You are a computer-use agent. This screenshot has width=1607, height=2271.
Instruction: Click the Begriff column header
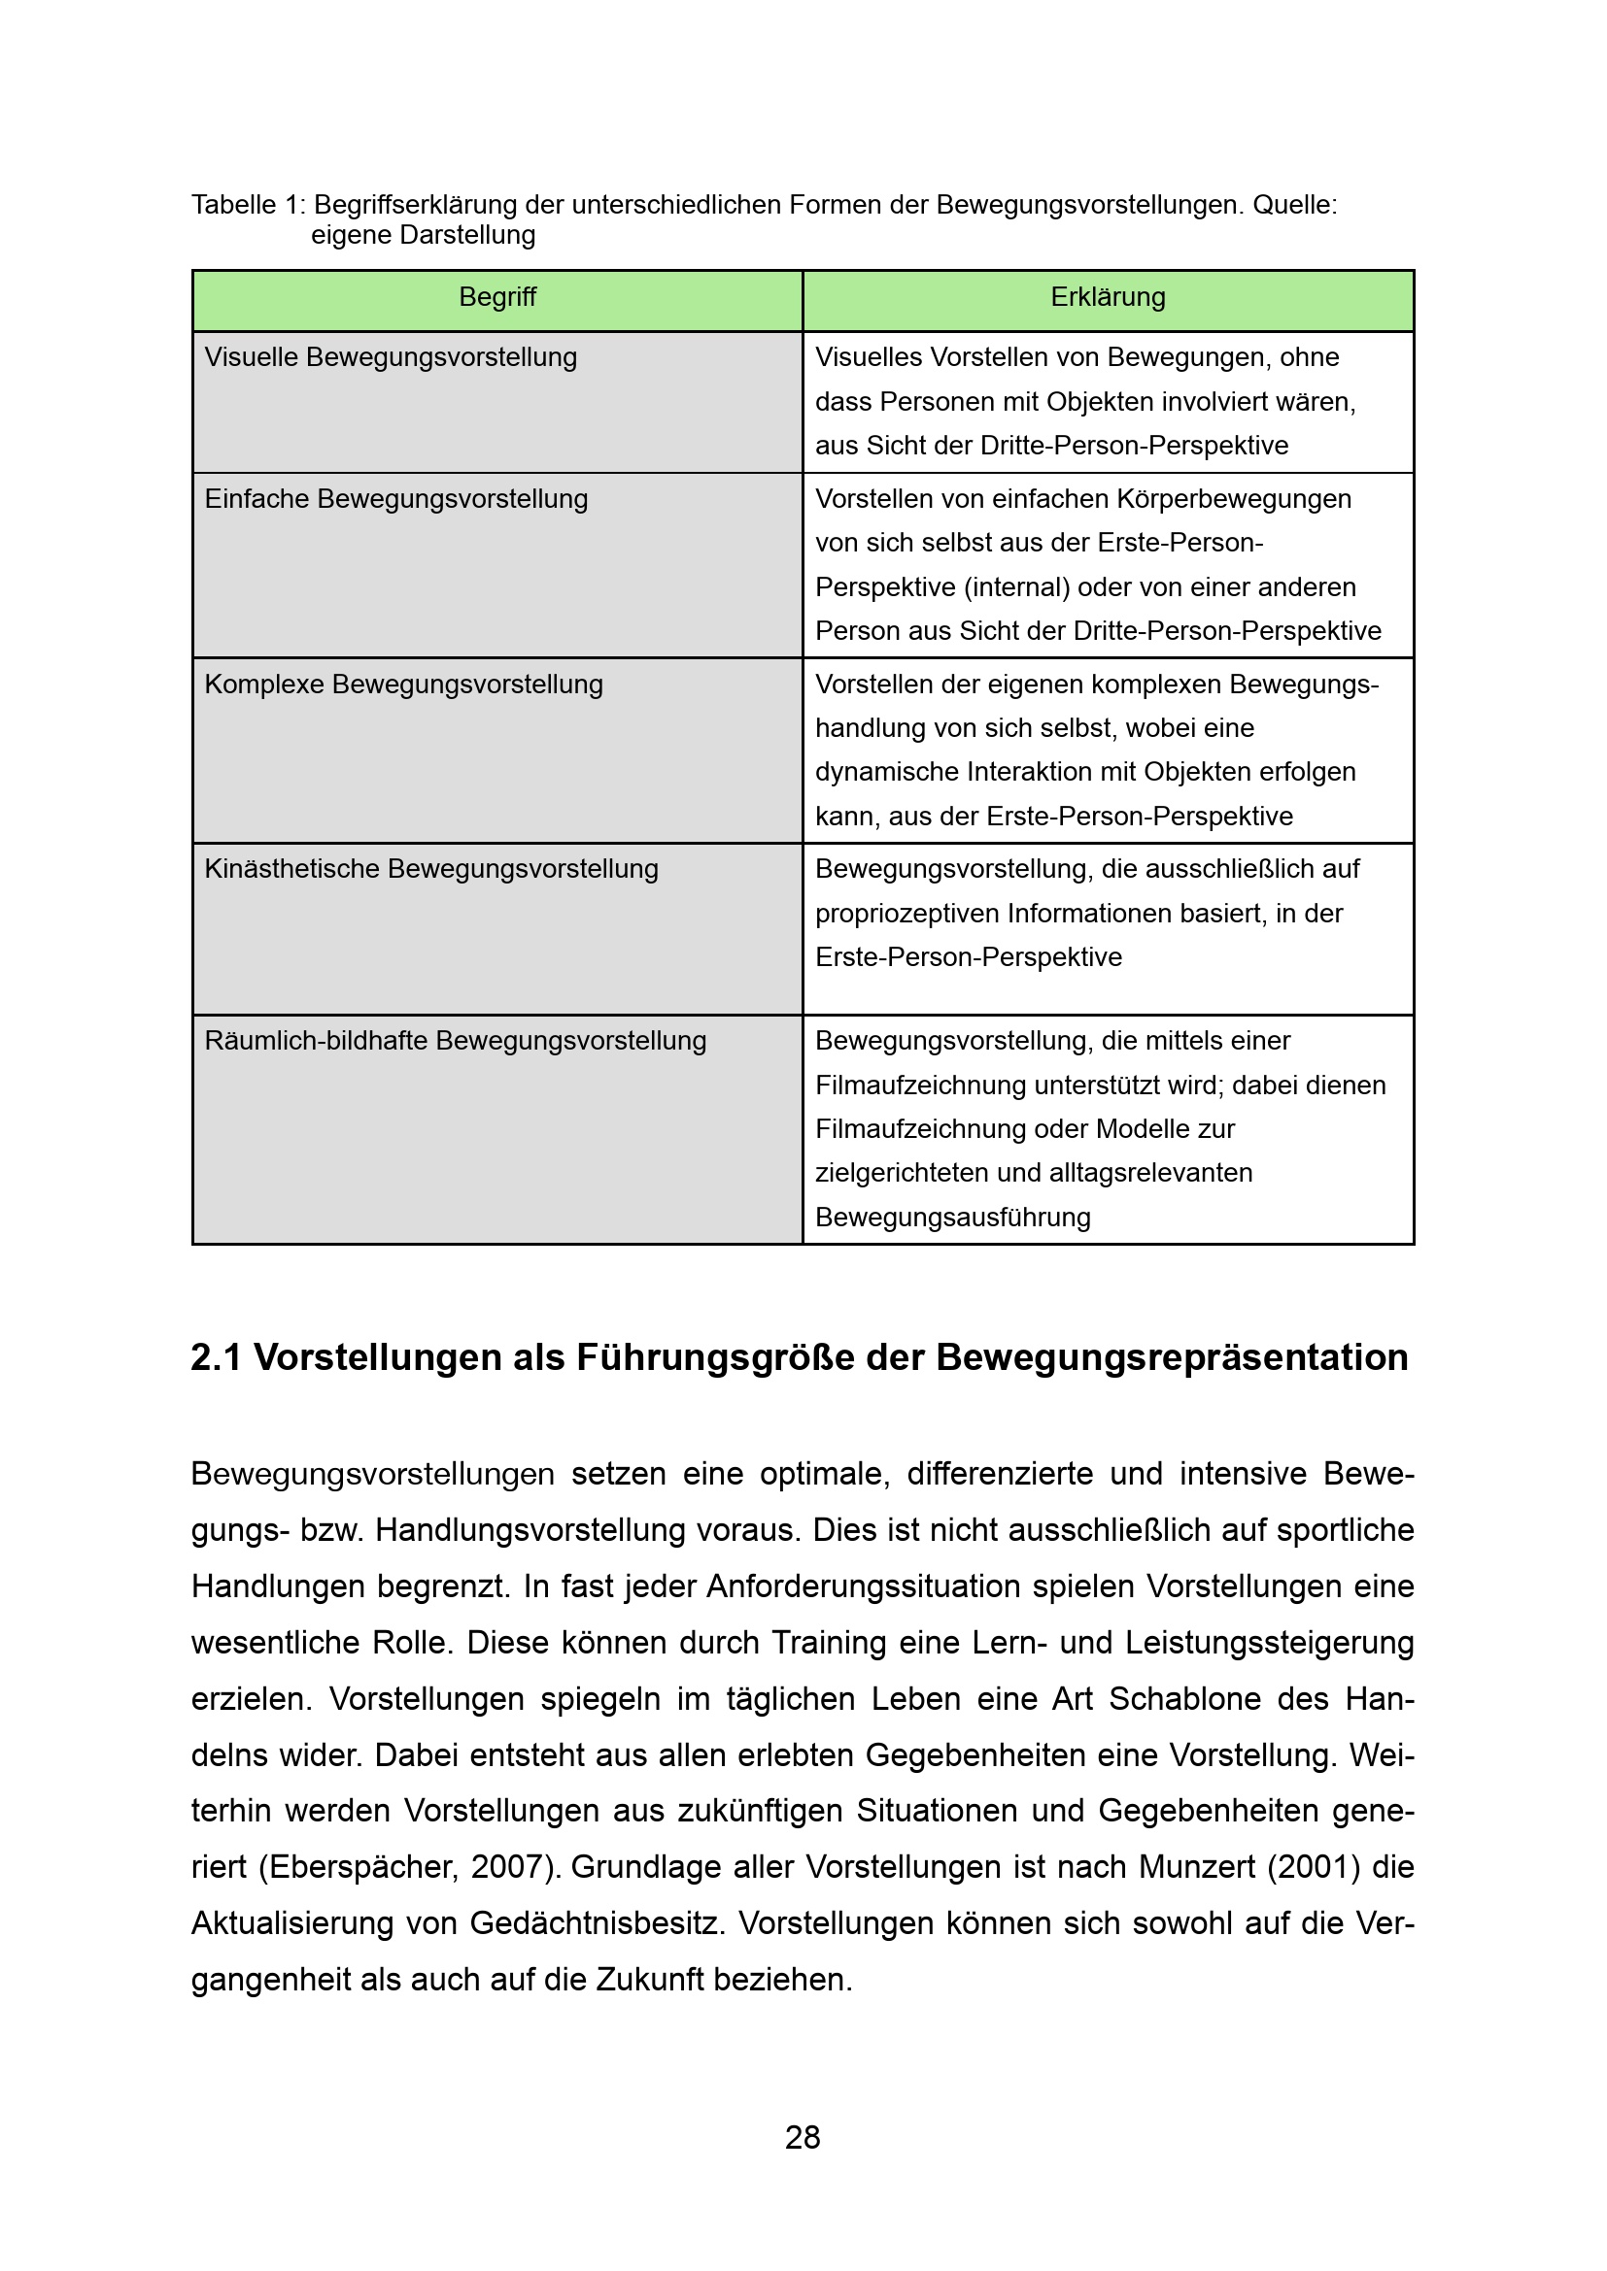coord(496,298)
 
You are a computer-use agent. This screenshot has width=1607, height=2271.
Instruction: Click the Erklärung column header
coord(1108,298)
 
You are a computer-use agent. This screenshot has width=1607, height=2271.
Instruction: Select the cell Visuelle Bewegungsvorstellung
coord(391,358)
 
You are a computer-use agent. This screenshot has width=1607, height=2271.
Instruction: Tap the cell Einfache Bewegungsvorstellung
coord(395,499)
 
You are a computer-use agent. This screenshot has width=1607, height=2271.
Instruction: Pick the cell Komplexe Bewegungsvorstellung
coord(404,685)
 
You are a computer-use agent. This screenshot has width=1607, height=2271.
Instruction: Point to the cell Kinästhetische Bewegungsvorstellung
coord(431,869)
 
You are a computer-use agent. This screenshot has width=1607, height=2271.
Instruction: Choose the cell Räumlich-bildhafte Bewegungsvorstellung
coord(455,1042)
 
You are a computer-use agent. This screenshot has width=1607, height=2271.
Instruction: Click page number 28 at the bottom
coord(803,2137)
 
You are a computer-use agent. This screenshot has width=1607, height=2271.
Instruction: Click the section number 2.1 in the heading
coord(216,1358)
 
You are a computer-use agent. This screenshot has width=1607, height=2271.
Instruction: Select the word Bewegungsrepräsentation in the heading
coord(1172,1358)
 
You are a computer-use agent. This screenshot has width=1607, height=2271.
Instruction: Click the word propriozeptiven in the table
coord(906,914)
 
